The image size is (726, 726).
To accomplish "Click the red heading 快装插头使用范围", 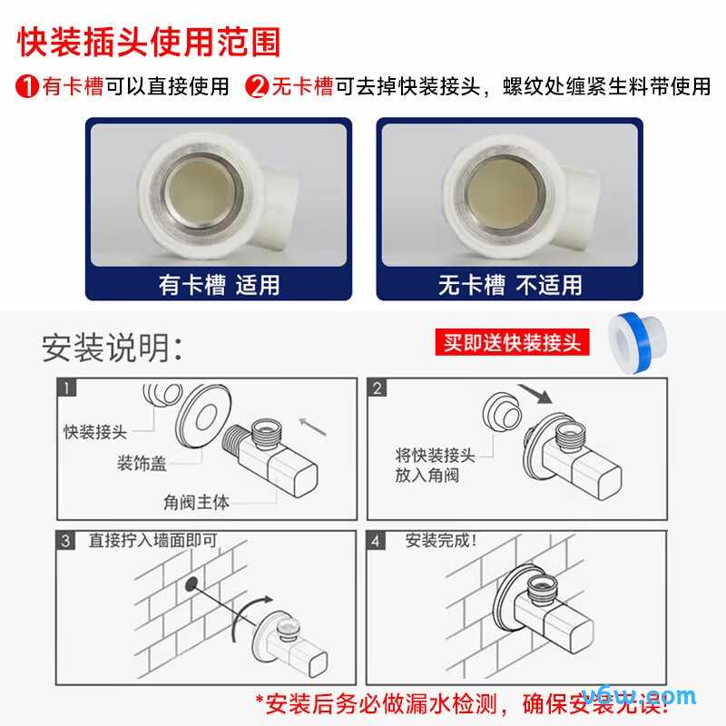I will click(x=150, y=42).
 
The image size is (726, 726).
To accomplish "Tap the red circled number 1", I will click(x=27, y=87).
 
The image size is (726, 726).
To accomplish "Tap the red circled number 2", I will click(x=259, y=87).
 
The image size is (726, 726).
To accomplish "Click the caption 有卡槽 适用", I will click(x=219, y=285).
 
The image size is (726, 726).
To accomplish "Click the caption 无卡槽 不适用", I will click(x=510, y=285).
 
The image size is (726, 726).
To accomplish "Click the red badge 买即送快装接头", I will click(x=512, y=342).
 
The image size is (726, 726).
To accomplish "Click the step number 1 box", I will click(x=67, y=389).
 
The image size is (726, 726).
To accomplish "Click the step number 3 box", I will click(x=67, y=542).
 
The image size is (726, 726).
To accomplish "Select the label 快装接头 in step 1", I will click(x=95, y=431).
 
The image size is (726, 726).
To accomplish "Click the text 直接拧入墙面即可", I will click(x=153, y=541).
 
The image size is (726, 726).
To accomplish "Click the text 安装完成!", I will click(x=441, y=541).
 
